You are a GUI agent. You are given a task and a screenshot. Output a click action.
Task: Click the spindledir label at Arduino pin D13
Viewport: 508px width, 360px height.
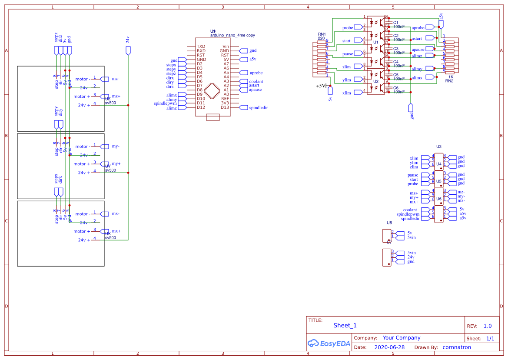tap(258, 107)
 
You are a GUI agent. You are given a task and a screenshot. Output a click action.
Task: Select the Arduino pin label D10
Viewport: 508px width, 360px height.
tap(200, 99)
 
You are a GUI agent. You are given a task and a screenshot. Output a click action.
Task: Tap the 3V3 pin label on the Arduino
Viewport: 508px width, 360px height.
tap(225, 103)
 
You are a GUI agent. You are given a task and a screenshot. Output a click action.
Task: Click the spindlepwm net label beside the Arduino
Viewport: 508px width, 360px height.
tap(165, 103)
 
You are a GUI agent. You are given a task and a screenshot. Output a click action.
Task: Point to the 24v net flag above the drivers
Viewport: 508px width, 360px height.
tap(128, 40)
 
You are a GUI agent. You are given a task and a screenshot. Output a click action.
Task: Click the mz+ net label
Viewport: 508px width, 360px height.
tap(116, 96)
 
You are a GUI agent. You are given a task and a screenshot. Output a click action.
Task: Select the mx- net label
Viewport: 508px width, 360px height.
tap(116, 214)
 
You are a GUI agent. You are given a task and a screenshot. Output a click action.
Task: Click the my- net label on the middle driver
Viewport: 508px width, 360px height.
tap(116, 147)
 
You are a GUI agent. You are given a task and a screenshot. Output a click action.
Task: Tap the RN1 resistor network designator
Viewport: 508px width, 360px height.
tap(322, 34)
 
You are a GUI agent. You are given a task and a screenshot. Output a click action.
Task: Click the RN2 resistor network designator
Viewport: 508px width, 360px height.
tap(449, 81)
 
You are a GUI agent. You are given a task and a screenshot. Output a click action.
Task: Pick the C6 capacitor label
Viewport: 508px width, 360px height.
tap(395, 88)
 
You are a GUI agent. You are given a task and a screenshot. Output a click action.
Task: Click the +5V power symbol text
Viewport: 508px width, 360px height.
tap(321, 86)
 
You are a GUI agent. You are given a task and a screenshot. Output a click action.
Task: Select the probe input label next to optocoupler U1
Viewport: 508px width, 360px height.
tap(347, 28)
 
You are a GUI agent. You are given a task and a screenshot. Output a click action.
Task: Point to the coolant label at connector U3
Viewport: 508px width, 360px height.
tap(410, 210)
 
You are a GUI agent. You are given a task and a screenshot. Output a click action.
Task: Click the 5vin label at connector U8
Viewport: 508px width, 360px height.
tap(411, 237)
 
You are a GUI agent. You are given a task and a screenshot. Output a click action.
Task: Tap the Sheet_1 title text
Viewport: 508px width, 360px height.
tap(345, 326)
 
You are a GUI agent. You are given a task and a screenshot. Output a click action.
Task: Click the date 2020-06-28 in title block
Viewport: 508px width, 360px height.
tap(389, 347)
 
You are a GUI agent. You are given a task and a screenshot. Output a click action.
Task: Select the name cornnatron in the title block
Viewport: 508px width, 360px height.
tap(457, 347)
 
